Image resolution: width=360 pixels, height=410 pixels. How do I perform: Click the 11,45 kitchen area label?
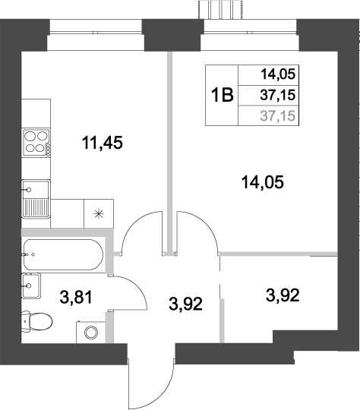102,141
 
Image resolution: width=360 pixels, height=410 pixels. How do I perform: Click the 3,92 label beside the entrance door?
186,305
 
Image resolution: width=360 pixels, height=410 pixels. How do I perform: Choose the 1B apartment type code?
222,96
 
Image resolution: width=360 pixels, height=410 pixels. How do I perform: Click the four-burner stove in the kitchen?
36,142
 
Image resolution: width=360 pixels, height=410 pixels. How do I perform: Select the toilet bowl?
36,322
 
